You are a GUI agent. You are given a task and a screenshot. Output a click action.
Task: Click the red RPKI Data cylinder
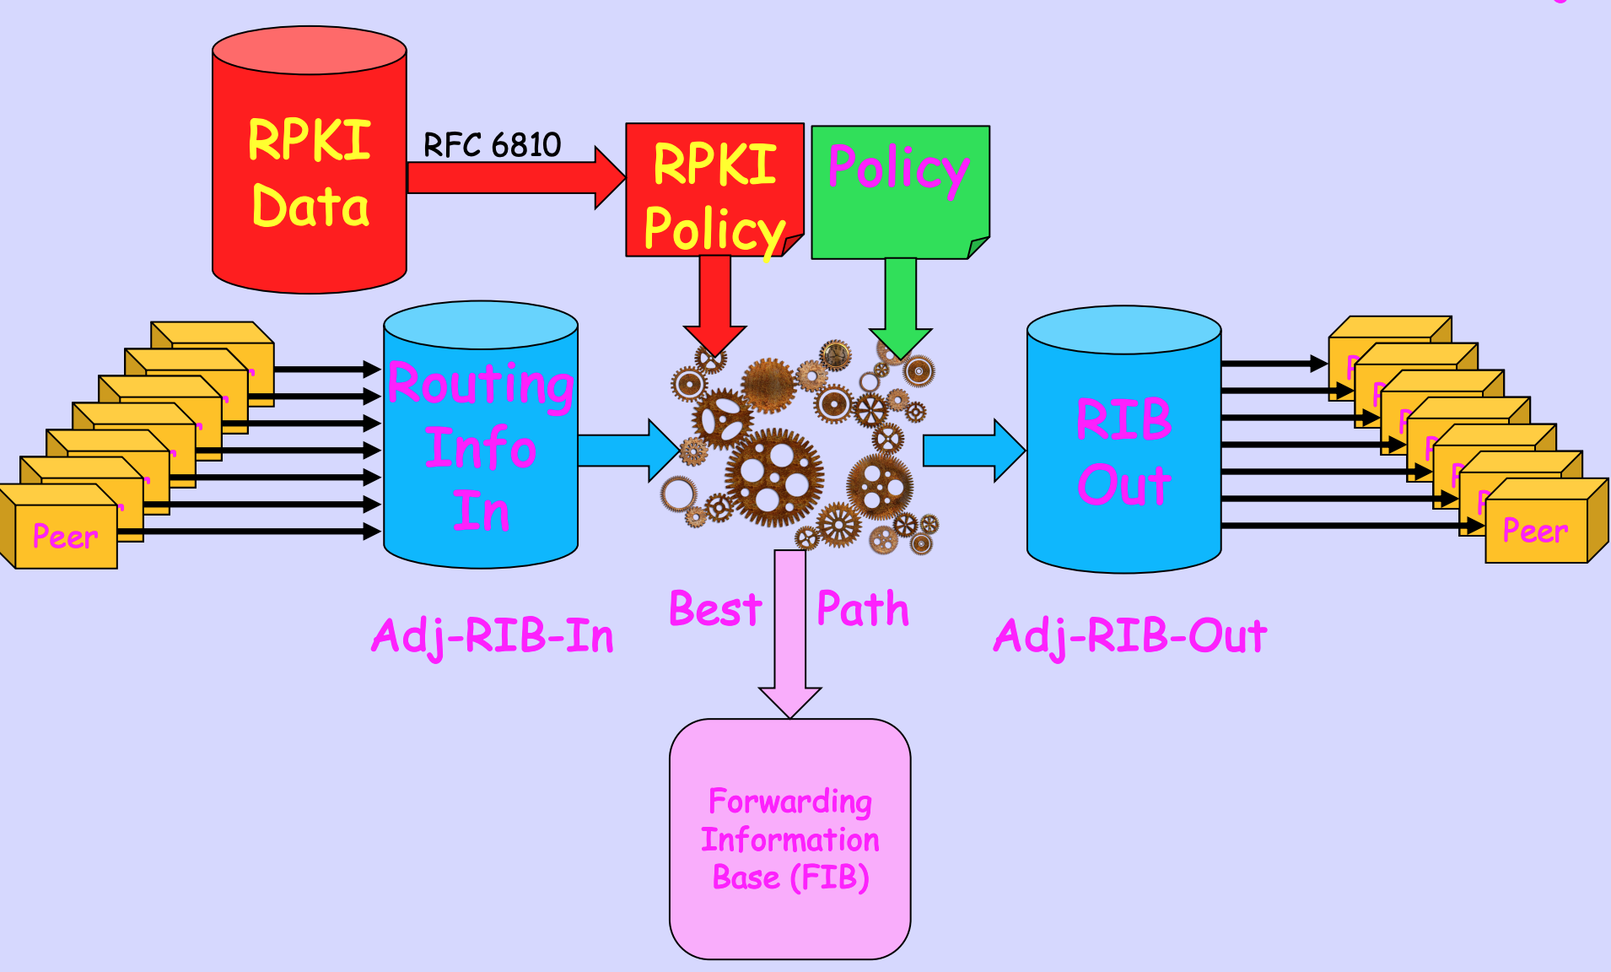[x=310, y=169]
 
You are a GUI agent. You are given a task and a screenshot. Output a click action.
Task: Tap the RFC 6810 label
[x=492, y=145]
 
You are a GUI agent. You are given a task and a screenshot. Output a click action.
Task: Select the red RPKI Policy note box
[x=714, y=191]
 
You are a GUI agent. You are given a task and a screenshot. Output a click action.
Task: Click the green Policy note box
[x=899, y=192]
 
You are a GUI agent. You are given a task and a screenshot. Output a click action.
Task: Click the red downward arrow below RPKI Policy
[x=714, y=304]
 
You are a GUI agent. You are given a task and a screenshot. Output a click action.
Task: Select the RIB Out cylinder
[x=1123, y=447]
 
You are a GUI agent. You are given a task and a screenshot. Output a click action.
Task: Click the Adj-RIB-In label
[x=493, y=636]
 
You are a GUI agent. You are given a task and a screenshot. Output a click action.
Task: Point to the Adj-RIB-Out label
[x=1130, y=636]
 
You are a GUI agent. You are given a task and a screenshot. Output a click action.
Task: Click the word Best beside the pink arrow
[x=715, y=609]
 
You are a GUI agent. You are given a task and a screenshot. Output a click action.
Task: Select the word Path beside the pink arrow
[x=863, y=609]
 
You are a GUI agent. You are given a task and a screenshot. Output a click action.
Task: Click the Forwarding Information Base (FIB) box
[x=790, y=839]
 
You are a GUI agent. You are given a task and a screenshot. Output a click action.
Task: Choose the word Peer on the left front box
[x=65, y=537]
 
